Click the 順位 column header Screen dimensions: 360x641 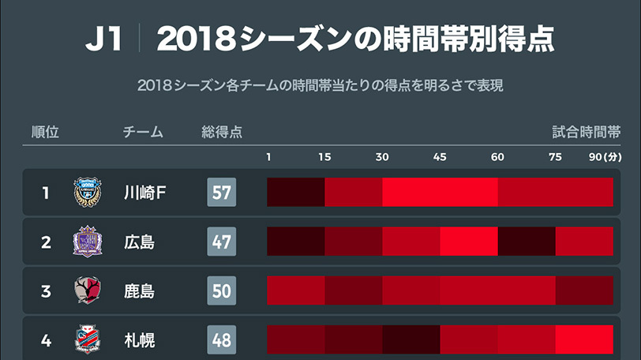tap(45, 132)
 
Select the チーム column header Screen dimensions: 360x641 tap(143, 132)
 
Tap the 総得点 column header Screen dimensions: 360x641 tap(222, 132)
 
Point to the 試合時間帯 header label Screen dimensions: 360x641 tap(587, 132)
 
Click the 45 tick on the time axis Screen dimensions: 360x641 tap(440, 156)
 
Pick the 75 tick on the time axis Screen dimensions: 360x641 tap(555, 156)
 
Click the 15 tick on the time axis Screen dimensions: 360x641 tap(324, 156)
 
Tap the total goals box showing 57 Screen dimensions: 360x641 tap(222, 193)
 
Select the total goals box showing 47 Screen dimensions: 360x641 tap(222, 242)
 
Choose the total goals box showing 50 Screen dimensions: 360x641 tap(222, 291)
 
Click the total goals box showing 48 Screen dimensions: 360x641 tap(222, 339)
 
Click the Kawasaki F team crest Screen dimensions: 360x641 tap(87, 193)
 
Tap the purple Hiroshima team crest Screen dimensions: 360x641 tap(87, 242)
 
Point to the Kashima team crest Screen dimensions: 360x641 tap(87, 291)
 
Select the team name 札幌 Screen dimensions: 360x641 tap(140, 340)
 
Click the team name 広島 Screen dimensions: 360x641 tap(140, 242)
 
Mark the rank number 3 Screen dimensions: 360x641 tap(46, 291)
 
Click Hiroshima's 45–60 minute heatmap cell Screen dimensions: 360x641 tap(469, 242)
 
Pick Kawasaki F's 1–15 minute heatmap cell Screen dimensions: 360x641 tap(296, 193)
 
